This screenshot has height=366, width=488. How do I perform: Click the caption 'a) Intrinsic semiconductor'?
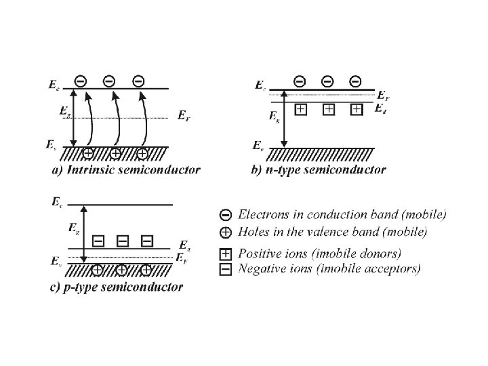(x=126, y=170)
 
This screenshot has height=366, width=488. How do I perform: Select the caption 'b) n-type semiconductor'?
(x=319, y=170)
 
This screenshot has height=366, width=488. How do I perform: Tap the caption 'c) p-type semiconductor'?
(x=117, y=287)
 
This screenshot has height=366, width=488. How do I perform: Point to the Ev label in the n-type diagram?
(x=258, y=145)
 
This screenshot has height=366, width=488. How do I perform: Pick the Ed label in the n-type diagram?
(x=381, y=108)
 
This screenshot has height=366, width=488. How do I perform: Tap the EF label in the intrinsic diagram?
(x=184, y=116)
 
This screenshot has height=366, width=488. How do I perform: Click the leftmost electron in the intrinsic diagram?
(x=81, y=81)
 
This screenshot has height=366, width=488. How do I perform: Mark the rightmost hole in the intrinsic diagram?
(x=142, y=152)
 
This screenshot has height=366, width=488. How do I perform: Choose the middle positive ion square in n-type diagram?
(x=328, y=108)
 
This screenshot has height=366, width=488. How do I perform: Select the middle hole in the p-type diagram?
(x=121, y=270)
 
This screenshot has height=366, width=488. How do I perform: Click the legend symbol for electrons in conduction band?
(x=226, y=215)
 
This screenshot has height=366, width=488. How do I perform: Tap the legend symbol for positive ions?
(x=226, y=254)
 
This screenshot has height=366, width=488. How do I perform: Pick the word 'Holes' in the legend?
(x=252, y=232)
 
